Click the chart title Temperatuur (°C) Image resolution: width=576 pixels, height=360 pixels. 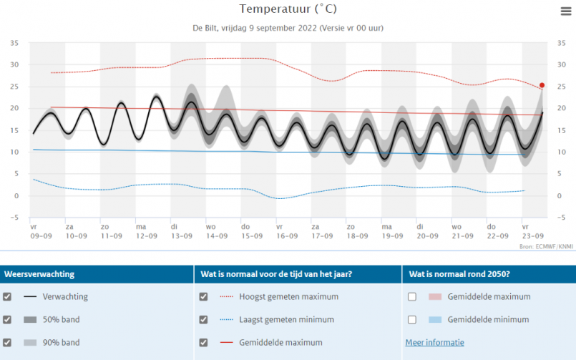(288, 9)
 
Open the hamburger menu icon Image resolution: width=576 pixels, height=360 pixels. (566, 11)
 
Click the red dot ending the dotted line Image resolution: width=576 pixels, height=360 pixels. (542, 85)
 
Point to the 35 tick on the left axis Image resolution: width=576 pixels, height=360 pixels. (14, 43)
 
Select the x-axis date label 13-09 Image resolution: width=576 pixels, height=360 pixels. (181, 235)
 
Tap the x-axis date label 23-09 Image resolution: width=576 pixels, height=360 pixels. (532, 235)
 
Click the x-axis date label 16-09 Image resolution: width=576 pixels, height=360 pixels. (286, 235)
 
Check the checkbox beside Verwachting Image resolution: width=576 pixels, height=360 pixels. (7, 296)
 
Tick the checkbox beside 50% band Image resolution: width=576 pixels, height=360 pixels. (7, 319)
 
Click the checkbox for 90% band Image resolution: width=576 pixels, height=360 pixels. (7, 342)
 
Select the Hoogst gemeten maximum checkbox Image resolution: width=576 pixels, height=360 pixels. (204, 296)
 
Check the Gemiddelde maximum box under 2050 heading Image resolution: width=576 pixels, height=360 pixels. (412, 296)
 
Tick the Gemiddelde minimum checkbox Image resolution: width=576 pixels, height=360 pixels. (412, 319)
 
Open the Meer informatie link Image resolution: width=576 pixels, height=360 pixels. (434, 342)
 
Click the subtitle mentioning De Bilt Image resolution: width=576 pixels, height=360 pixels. (288, 29)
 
